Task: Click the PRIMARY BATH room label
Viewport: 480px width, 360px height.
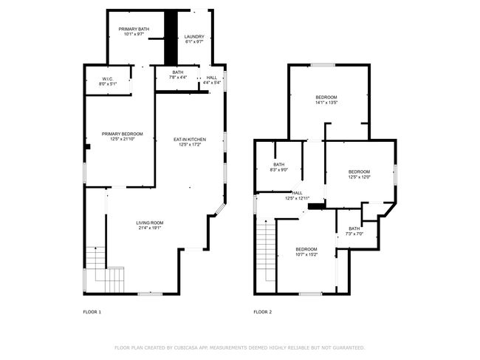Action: pyautogui.click(x=134, y=29)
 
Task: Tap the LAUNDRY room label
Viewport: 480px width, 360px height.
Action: pyautogui.click(x=194, y=37)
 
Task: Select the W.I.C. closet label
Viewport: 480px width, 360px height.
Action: pyautogui.click(x=108, y=79)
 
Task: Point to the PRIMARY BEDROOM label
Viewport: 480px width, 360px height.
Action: pyautogui.click(x=122, y=134)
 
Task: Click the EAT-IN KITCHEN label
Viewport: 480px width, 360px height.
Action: pyautogui.click(x=190, y=140)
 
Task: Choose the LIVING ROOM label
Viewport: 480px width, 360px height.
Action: pyautogui.click(x=150, y=223)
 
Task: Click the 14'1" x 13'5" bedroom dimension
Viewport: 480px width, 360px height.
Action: pyautogui.click(x=326, y=103)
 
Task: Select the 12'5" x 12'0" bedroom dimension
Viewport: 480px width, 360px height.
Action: pyautogui.click(x=359, y=177)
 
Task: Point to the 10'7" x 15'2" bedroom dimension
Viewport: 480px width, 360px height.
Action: pyautogui.click(x=306, y=254)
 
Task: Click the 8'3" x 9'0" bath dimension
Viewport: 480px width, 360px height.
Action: pyautogui.click(x=279, y=169)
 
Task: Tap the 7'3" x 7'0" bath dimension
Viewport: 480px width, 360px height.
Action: pyautogui.click(x=354, y=234)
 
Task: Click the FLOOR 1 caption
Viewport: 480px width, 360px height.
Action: pyautogui.click(x=92, y=312)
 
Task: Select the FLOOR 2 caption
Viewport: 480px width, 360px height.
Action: pyautogui.click(x=263, y=312)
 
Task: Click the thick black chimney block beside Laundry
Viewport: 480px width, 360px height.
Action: pyautogui.click(x=171, y=38)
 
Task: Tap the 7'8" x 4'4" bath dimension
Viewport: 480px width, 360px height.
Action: pyautogui.click(x=177, y=77)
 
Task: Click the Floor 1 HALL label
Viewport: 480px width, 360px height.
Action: pyautogui.click(x=211, y=78)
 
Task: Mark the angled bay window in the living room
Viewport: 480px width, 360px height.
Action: pyautogui.click(x=220, y=209)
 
